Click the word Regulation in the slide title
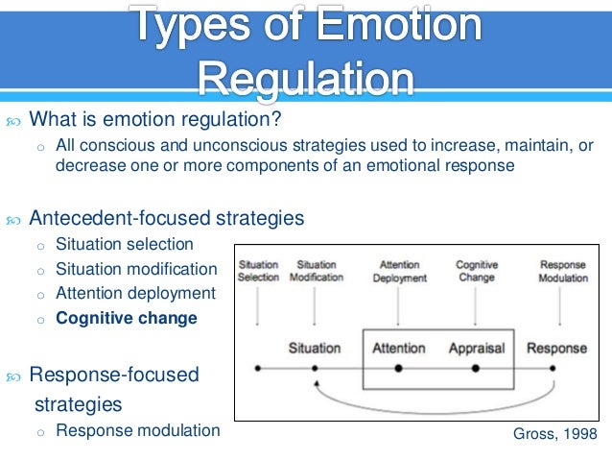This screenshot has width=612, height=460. pos(307,77)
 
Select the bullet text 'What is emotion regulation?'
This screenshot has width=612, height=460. pos(156,121)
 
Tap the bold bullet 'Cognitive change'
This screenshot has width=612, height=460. pos(127,319)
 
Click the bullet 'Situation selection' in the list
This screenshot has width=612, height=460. pos(125,244)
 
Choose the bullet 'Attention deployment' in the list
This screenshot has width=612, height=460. pos(136,294)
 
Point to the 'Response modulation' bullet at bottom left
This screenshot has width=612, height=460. pos(138,430)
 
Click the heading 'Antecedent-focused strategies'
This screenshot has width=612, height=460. pos(167,218)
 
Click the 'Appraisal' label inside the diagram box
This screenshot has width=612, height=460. pos(477,348)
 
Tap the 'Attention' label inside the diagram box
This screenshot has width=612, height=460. pos(398,348)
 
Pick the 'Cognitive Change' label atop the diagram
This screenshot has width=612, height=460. pos(477,271)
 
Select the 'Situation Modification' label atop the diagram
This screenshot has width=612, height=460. pos(317,271)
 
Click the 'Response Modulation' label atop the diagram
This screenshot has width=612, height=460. pos(563,271)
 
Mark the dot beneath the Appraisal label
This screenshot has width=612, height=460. pos(477,368)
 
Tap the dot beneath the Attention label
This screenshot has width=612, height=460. pos(398,368)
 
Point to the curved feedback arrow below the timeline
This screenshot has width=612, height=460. pos(436,404)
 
